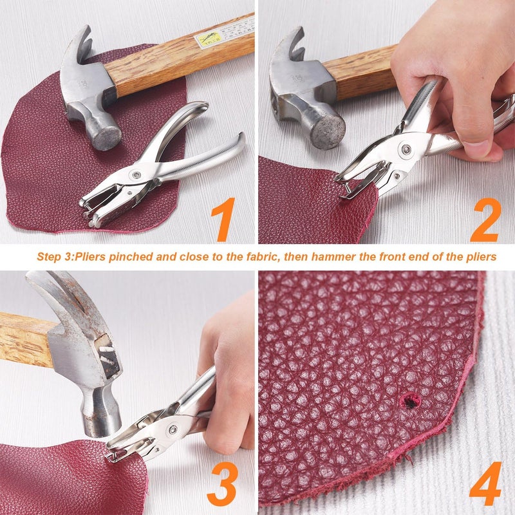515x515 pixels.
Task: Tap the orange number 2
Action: [x=485, y=220]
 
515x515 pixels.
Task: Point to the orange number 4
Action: [x=485, y=483]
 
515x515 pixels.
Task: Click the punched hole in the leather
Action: [x=407, y=402]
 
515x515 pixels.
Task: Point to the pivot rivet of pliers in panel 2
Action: [x=406, y=149]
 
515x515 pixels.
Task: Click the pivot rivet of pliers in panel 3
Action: [x=173, y=429]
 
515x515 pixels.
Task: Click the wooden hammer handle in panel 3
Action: [x=26, y=339]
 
